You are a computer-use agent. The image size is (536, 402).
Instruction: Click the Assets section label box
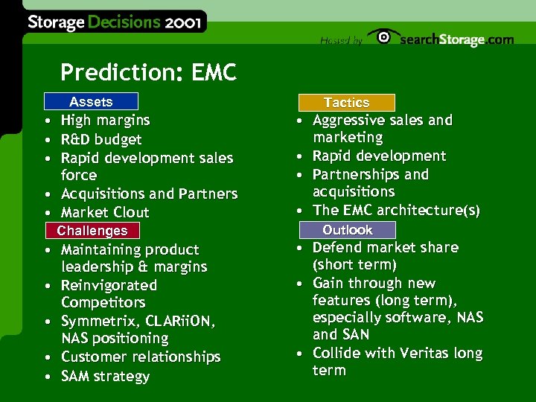90,102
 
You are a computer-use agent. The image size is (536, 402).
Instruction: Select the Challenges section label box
92,231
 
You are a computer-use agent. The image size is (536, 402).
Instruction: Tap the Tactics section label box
346,103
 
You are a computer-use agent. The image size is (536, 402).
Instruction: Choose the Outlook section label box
347,230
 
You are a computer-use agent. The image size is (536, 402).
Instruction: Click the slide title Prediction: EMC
148,73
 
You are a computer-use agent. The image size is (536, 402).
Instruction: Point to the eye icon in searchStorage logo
383,38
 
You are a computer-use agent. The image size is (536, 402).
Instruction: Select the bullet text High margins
105,120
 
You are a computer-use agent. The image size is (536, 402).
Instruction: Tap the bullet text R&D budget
101,139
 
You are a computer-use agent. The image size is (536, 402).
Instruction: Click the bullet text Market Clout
105,212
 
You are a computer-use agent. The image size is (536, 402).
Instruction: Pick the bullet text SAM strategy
105,376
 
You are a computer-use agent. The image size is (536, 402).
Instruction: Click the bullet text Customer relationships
141,357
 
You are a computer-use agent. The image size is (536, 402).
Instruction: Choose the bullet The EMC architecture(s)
396,211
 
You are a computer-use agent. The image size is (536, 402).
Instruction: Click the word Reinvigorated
109,285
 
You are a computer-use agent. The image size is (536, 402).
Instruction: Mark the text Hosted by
341,41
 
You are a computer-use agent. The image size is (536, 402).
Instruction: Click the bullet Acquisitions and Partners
149,194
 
